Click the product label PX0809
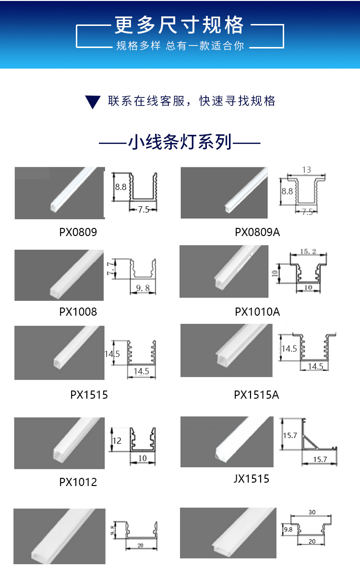(78, 233)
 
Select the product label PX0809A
(257, 233)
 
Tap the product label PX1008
(78, 312)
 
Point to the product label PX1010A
(257, 312)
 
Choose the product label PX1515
(89, 395)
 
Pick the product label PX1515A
(256, 395)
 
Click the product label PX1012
(78, 482)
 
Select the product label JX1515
(251, 479)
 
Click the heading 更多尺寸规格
(180, 26)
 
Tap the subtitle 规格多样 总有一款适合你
(180, 46)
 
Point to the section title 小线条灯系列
(180, 142)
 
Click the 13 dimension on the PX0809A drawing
(307, 170)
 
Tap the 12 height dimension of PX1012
(117, 441)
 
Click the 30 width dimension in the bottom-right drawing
(312, 512)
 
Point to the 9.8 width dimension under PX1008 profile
(143, 288)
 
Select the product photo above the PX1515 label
(59, 353)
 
